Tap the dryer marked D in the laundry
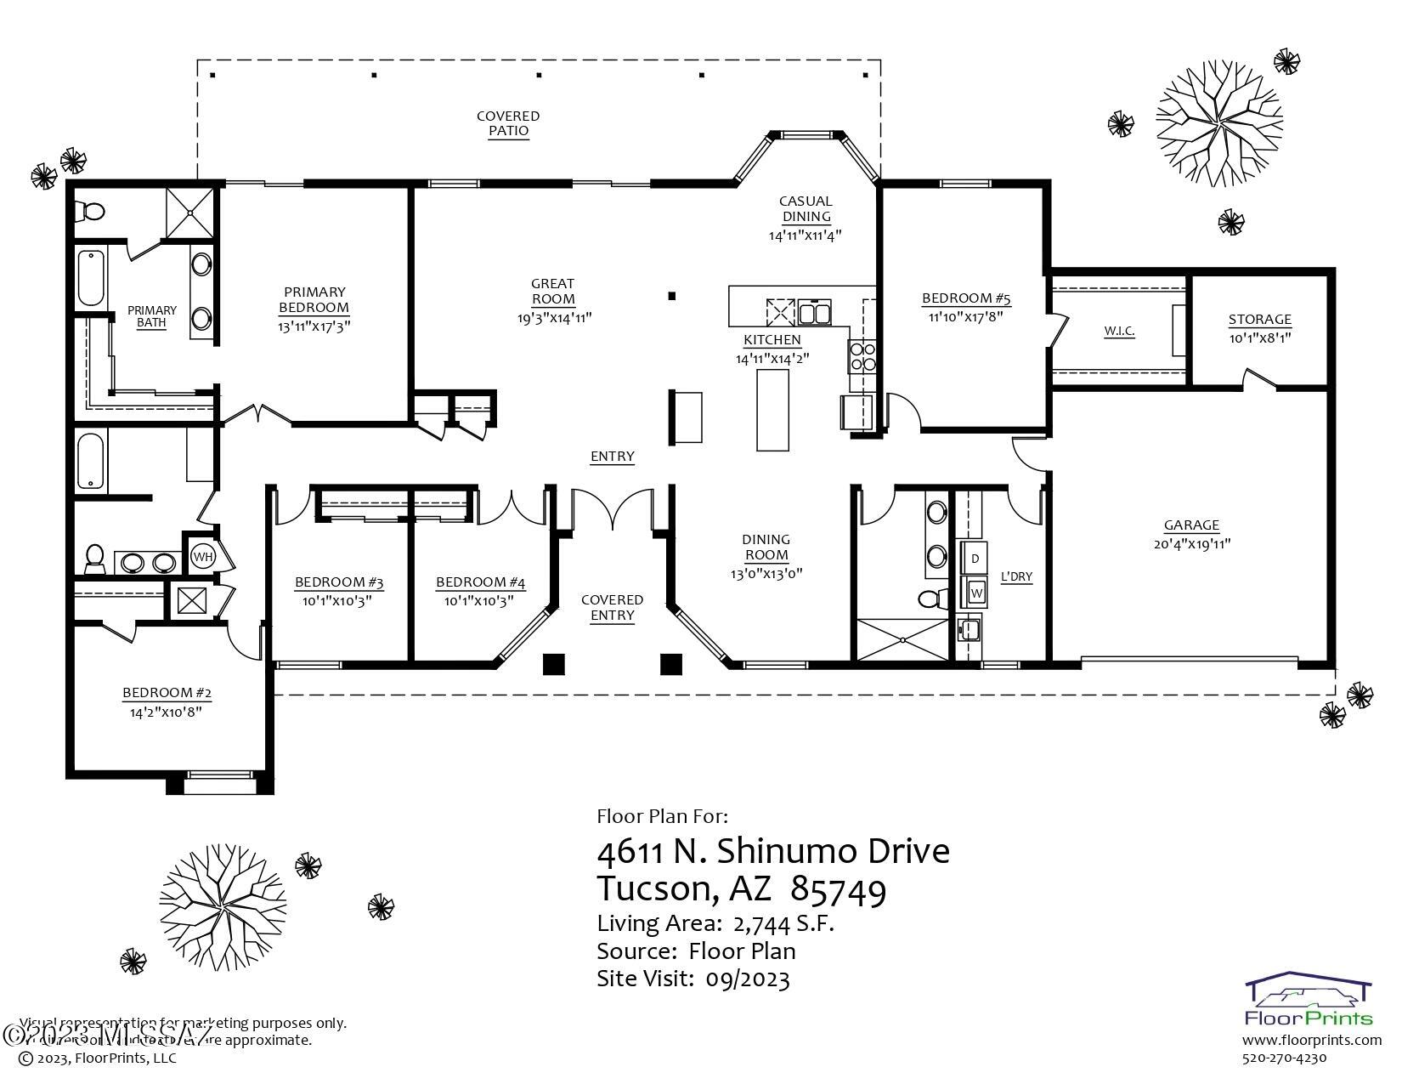pos(975,559)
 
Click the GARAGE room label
pos(1191,525)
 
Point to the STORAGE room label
pos(1259,320)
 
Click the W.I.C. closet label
pos(1119,331)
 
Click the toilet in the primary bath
pos(90,209)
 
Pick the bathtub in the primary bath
pos(90,277)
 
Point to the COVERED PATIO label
pos(508,123)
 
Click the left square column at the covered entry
pos(553,664)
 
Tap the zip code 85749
pos(838,889)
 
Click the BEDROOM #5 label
pos(966,298)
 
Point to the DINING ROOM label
pos(766,547)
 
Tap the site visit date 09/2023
pos(747,979)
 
